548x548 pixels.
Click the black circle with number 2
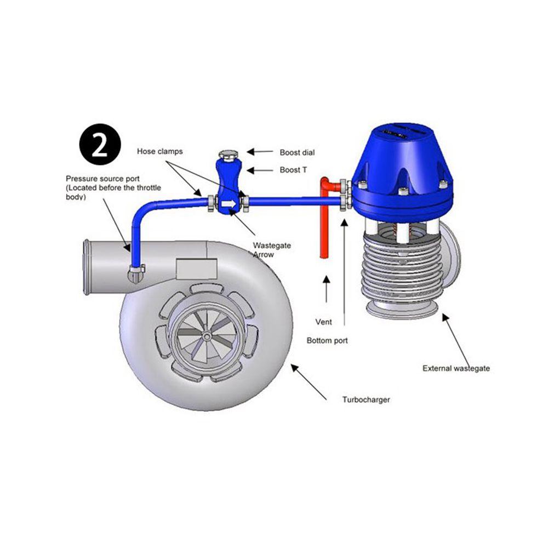(100, 144)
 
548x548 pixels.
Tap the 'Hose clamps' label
(159, 151)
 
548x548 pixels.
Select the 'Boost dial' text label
(297, 152)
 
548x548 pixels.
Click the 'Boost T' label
(293, 170)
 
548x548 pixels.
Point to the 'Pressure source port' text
(103, 179)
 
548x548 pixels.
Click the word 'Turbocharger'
(366, 399)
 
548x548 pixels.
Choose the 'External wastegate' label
(456, 368)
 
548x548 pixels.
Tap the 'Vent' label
(324, 322)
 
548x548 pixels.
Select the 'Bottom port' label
(327, 340)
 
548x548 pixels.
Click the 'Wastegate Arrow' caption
(272, 250)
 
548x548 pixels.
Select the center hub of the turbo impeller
(207, 336)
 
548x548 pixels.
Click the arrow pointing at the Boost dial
(260, 152)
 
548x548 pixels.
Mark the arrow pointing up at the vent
(326, 289)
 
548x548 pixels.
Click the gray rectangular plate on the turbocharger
(196, 269)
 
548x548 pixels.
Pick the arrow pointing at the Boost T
(260, 170)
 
